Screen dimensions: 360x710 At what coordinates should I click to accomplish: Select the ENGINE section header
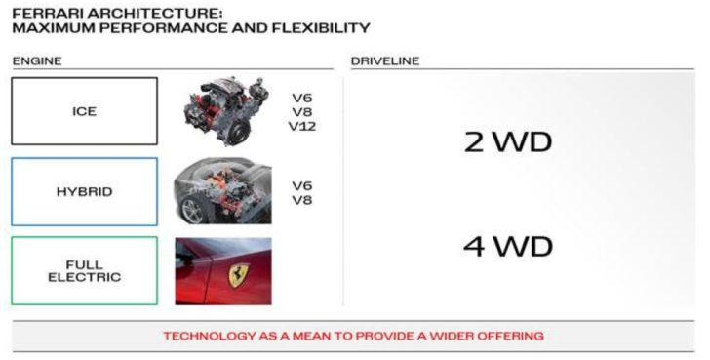point(36,61)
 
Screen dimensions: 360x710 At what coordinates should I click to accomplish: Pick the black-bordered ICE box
point(84,111)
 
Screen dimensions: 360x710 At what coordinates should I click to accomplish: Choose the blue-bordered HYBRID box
point(84,191)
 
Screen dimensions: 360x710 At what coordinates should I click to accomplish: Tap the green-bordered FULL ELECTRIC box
point(84,270)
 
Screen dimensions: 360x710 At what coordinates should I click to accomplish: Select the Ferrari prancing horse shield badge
point(238,272)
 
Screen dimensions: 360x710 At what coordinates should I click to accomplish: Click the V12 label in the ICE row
point(303,126)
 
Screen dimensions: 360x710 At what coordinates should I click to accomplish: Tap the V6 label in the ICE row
point(302,98)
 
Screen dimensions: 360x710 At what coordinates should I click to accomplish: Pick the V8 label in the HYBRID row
point(302,200)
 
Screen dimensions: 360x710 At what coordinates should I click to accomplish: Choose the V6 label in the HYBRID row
point(302,185)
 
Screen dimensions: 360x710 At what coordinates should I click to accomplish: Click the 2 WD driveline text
point(506,142)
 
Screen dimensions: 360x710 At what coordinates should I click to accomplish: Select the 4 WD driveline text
point(506,246)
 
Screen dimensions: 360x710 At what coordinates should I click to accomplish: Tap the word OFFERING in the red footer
point(507,336)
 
